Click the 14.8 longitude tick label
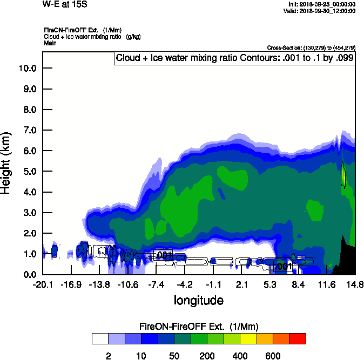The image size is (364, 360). tap(355, 284)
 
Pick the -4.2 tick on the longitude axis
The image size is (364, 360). tap(185, 284)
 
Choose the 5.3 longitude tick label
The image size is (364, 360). tap(270, 284)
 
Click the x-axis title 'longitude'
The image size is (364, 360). tap(198, 300)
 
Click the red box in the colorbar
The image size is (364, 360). tap(297, 339)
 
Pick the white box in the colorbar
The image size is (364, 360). tap(99, 339)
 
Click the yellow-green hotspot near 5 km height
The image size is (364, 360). tap(343, 175)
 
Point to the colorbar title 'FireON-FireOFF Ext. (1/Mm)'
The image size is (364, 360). tap(198, 327)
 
